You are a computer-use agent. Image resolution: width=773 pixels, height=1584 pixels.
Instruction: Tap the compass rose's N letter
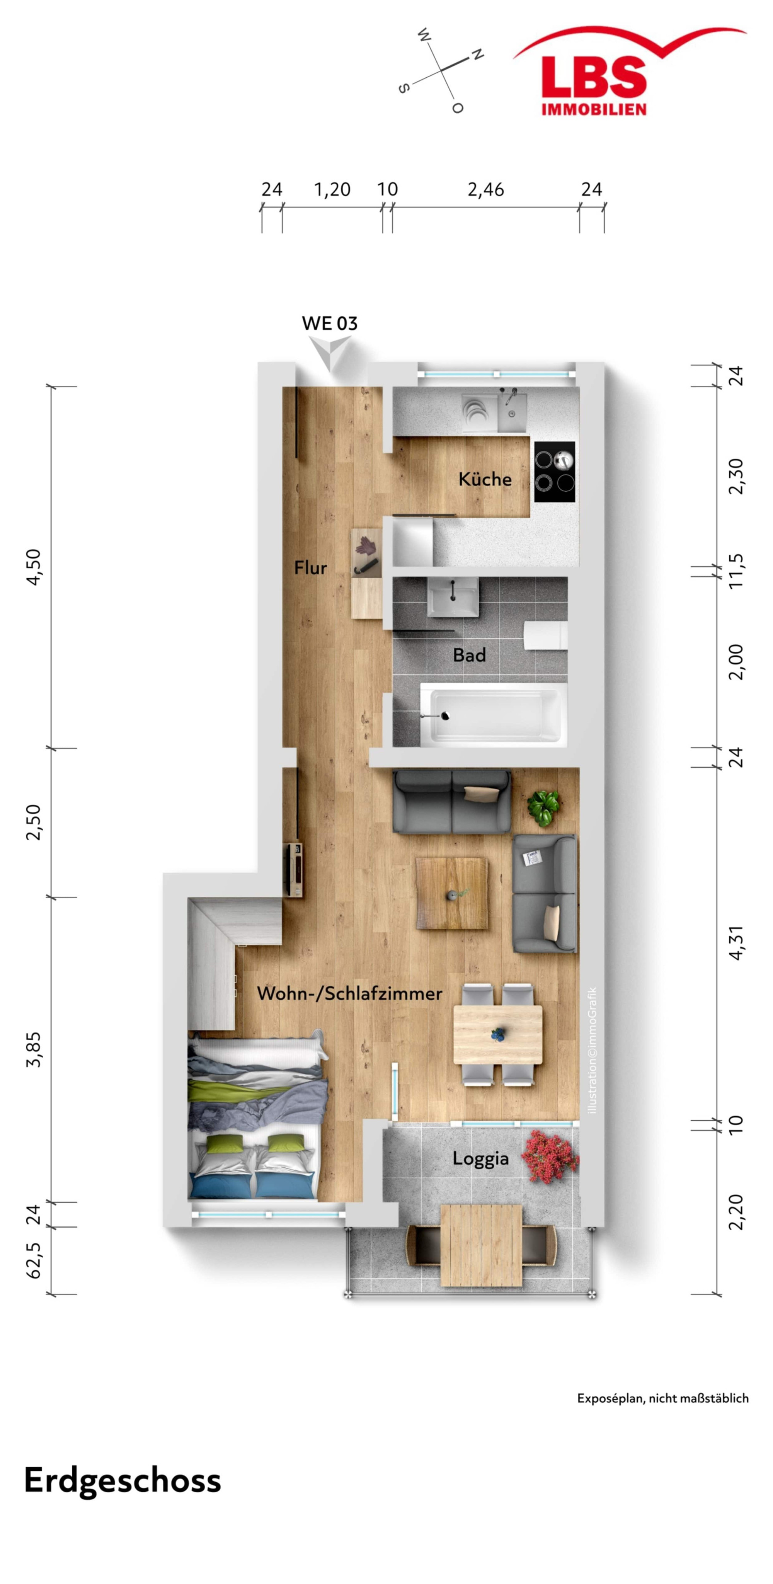pyautogui.click(x=477, y=55)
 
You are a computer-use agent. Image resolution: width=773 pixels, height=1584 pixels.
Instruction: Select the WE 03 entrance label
pyautogui.click(x=330, y=324)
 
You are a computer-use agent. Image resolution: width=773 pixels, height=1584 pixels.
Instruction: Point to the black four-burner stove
pyautogui.click(x=555, y=472)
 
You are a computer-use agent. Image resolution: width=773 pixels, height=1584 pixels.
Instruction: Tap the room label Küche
pyautogui.click(x=485, y=479)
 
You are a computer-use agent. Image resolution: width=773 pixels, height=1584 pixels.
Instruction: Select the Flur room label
pyautogui.click(x=311, y=567)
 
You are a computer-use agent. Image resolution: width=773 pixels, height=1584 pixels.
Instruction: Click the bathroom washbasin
pyautogui.click(x=453, y=596)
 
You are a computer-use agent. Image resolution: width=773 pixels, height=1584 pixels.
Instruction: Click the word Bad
pyautogui.click(x=469, y=655)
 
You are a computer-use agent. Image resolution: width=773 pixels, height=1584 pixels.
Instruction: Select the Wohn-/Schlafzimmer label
pyautogui.click(x=349, y=993)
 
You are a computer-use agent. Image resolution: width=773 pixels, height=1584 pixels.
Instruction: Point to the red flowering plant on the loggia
pyautogui.click(x=550, y=1156)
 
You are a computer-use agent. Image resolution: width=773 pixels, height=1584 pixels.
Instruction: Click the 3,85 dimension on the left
pyautogui.click(x=34, y=1049)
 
